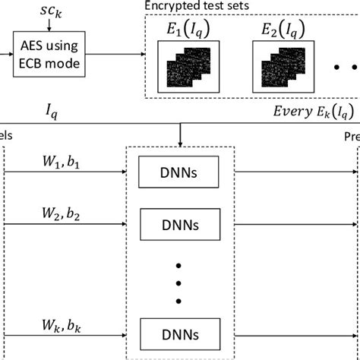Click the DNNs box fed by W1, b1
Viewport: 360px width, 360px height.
tap(180, 172)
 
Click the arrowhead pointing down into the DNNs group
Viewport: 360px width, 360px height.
tap(180, 141)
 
